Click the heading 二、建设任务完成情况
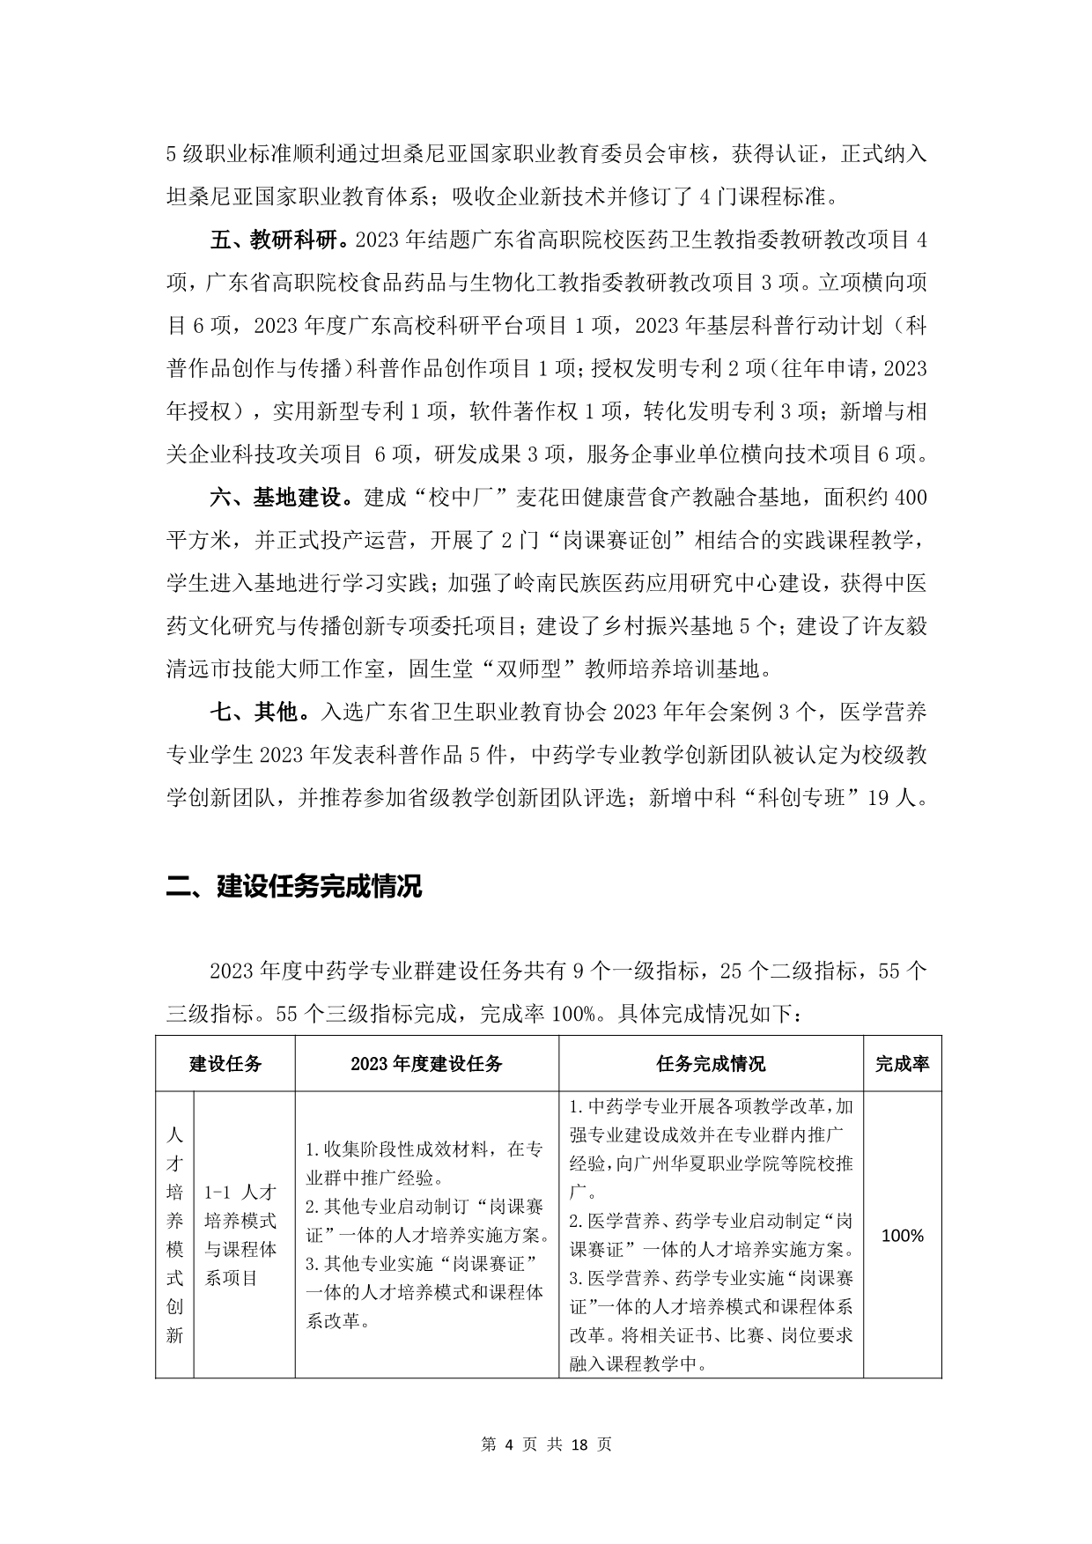click(x=294, y=885)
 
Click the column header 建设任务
click(x=225, y=1063)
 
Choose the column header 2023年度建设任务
click(x=426, y=1063)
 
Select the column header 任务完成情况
click(x=711, y=1063)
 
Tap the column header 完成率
click(x=902, y=1063)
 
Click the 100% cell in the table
click(x=902, y=1235)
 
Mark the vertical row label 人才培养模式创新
click(x=174, y=1235)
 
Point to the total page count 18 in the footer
click(x=579, y=1444)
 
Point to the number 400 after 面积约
click(x=910, y=498)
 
